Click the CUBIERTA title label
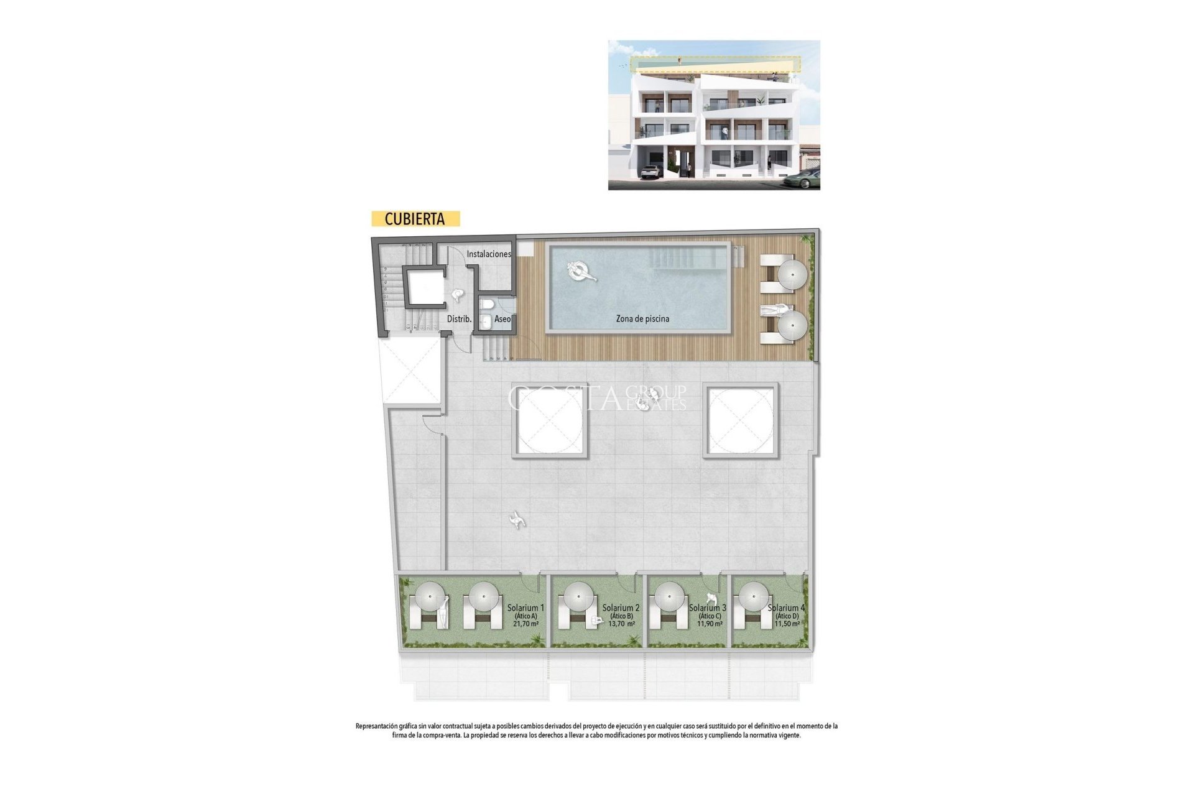(415, 219)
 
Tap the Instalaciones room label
(489, 254)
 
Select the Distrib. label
(459, 319)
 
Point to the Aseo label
(502, 319)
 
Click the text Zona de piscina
(642, 318)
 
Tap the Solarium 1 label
(525, 608)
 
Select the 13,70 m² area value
(621, 624)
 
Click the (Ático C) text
(709, 616)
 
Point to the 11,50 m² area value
(787, 624)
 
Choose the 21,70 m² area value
(525, 624)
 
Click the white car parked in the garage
(650, 172)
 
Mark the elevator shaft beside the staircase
(425, 287)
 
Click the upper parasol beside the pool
(792, 274)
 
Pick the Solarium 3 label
(708, 608)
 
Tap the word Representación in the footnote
(376, 726)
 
